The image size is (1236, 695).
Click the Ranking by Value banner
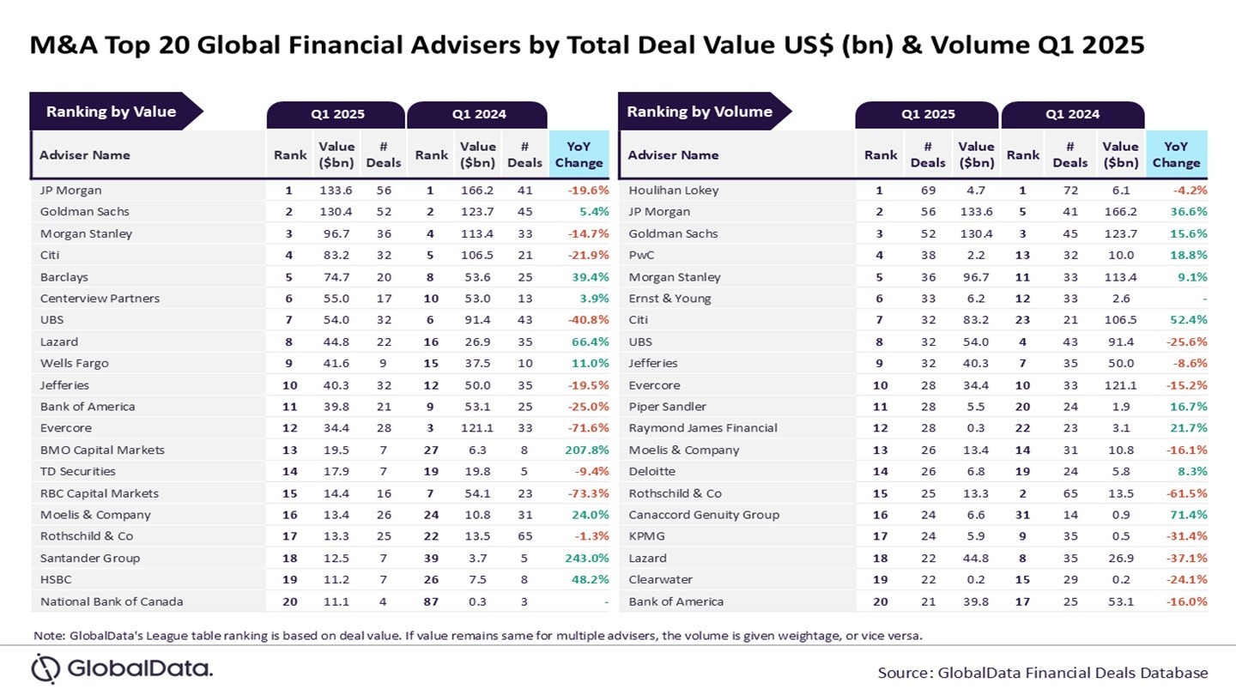tap(112, 112)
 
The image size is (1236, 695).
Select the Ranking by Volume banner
tap(700, 112)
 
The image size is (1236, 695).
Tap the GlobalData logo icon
tap(45, 668)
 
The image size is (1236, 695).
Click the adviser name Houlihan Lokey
tap(673, 190)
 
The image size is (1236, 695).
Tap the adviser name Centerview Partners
tap(100, 299)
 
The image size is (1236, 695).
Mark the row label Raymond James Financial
tap(702, 428)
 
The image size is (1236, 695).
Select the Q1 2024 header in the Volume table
tap(1072, 115)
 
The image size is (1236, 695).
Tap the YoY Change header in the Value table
tap(579, 155)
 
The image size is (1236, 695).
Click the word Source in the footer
tap(905, 673)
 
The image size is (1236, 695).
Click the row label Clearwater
tap(660, 580)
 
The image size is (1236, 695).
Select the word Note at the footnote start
tap(46, 636)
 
